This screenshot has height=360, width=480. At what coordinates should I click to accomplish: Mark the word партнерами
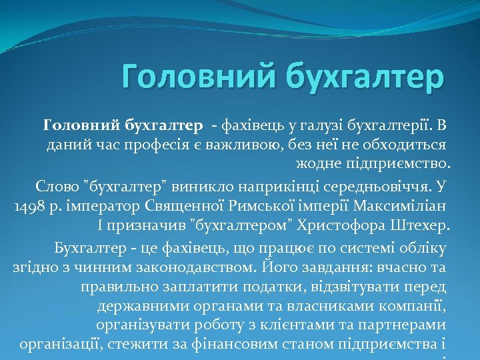point(407,327)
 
